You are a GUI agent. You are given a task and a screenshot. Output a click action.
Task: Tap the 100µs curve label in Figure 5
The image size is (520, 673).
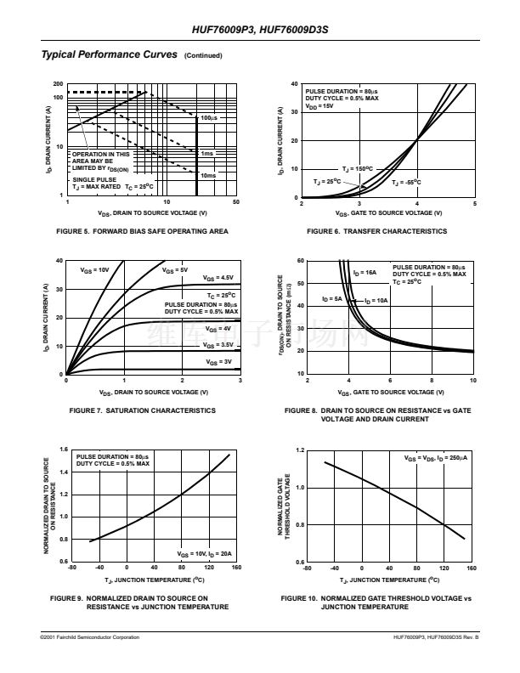(208, 117)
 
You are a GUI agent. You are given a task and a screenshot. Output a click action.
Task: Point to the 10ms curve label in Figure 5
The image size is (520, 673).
(208, 175)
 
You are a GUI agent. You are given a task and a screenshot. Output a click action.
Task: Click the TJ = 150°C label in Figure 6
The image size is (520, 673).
(358, 169)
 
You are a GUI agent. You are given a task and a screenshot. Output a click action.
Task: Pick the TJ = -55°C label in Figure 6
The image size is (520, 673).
(406, 182)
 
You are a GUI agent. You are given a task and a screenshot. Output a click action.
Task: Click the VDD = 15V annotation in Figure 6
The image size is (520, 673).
(319, 105)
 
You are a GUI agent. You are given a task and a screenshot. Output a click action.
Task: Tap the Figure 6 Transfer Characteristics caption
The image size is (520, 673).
(376, 231)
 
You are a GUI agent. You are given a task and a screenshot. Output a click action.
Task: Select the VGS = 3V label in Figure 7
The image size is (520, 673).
(218, 362)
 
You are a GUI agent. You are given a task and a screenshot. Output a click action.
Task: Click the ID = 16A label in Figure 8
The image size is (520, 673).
(365, 273)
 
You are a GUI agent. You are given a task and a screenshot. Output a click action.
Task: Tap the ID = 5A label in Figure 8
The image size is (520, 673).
(332, 299)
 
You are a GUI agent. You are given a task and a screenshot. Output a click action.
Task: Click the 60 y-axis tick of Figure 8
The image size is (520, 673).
(300, 261)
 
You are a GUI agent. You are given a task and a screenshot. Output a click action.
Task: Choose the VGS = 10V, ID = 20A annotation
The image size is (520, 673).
(205, 552)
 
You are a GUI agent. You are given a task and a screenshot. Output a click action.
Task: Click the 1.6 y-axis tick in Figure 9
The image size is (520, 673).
(63, 449)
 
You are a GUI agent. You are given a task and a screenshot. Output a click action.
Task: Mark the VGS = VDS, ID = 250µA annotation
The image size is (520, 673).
(434, 458)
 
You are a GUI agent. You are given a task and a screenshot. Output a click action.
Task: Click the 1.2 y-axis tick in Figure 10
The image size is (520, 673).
(300, 449)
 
